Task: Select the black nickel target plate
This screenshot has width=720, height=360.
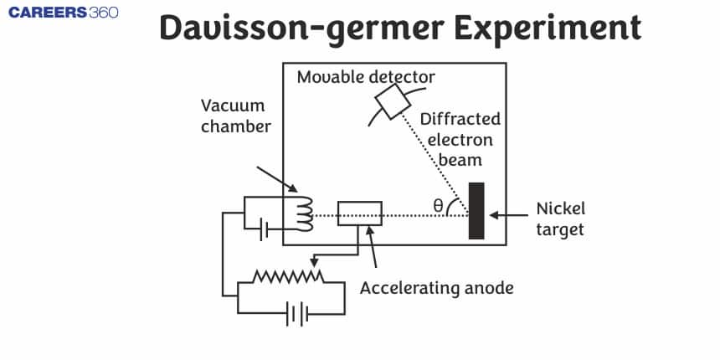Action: click(476, 210)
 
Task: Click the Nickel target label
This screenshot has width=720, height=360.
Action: click(560, 219)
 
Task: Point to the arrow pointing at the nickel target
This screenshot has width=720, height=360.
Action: click(507, 214)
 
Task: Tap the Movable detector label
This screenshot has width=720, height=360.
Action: click(366, 78)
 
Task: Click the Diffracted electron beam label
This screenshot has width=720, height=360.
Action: click(460, 139)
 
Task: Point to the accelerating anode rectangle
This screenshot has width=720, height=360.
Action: click(359, 213)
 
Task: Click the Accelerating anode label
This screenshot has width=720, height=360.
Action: click(436, 288)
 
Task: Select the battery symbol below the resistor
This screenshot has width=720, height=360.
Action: click(296, 314)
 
